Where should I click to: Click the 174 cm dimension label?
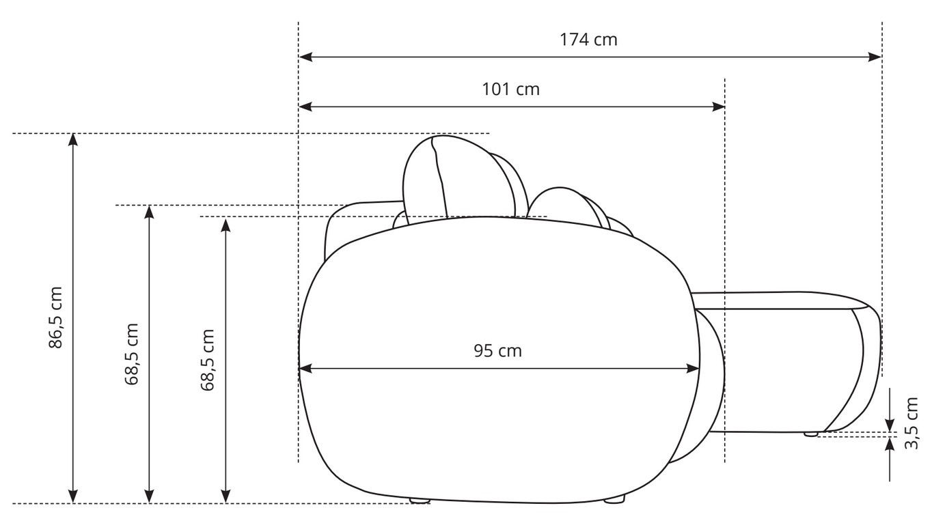pyautogui.click(x=588, y=40)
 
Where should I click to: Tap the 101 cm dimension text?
pyautogui.click(x=510, y=89)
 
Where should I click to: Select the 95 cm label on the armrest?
pyautogui.click(x=497, y=351)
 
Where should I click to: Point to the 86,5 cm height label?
pyautogui.click(x=55, y=318)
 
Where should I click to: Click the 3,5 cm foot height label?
pyautogui.click(x=912, y=423)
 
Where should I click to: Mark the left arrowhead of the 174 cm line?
pyautogui.click(x=305, y=57)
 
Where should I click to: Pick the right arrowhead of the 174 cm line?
pyautogui.click(x=875, y=57)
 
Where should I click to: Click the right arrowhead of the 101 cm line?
pyautogui.click(x=718, y=107)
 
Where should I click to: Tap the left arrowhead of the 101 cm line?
pyautogui.click(x=305, y=107)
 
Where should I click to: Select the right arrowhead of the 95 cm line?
pyautogui.click(x=692, y=369)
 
